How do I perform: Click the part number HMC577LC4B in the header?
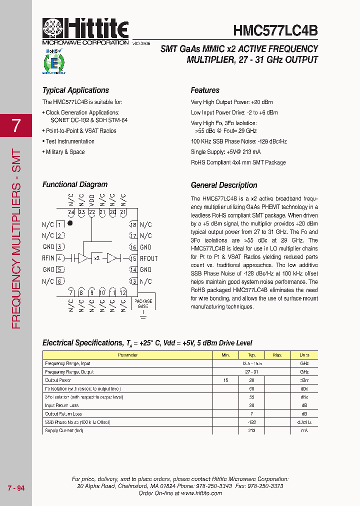[x=275, y=30]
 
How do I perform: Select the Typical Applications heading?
[x=75, y=90]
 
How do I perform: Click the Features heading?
[x=205, y=90]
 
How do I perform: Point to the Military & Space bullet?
[x=65, y=152]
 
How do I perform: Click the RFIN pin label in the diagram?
[x=48, y=258]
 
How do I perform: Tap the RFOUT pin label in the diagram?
[x=148, y=258]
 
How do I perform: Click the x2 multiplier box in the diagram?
[x=97, y=258]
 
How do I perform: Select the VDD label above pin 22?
[x=92, y=199]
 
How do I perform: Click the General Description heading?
[x=224, y=185]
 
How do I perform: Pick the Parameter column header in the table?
[x=127, y=355]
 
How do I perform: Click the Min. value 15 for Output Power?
[x=225, y=380]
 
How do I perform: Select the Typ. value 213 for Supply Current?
[x=251, y=430]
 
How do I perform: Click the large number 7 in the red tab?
[x=16, y=125]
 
